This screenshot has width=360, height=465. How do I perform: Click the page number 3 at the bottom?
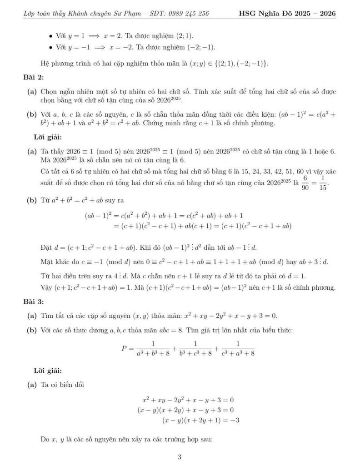[180, 457]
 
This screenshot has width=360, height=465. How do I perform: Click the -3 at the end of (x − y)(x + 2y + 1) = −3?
[235, 420]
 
